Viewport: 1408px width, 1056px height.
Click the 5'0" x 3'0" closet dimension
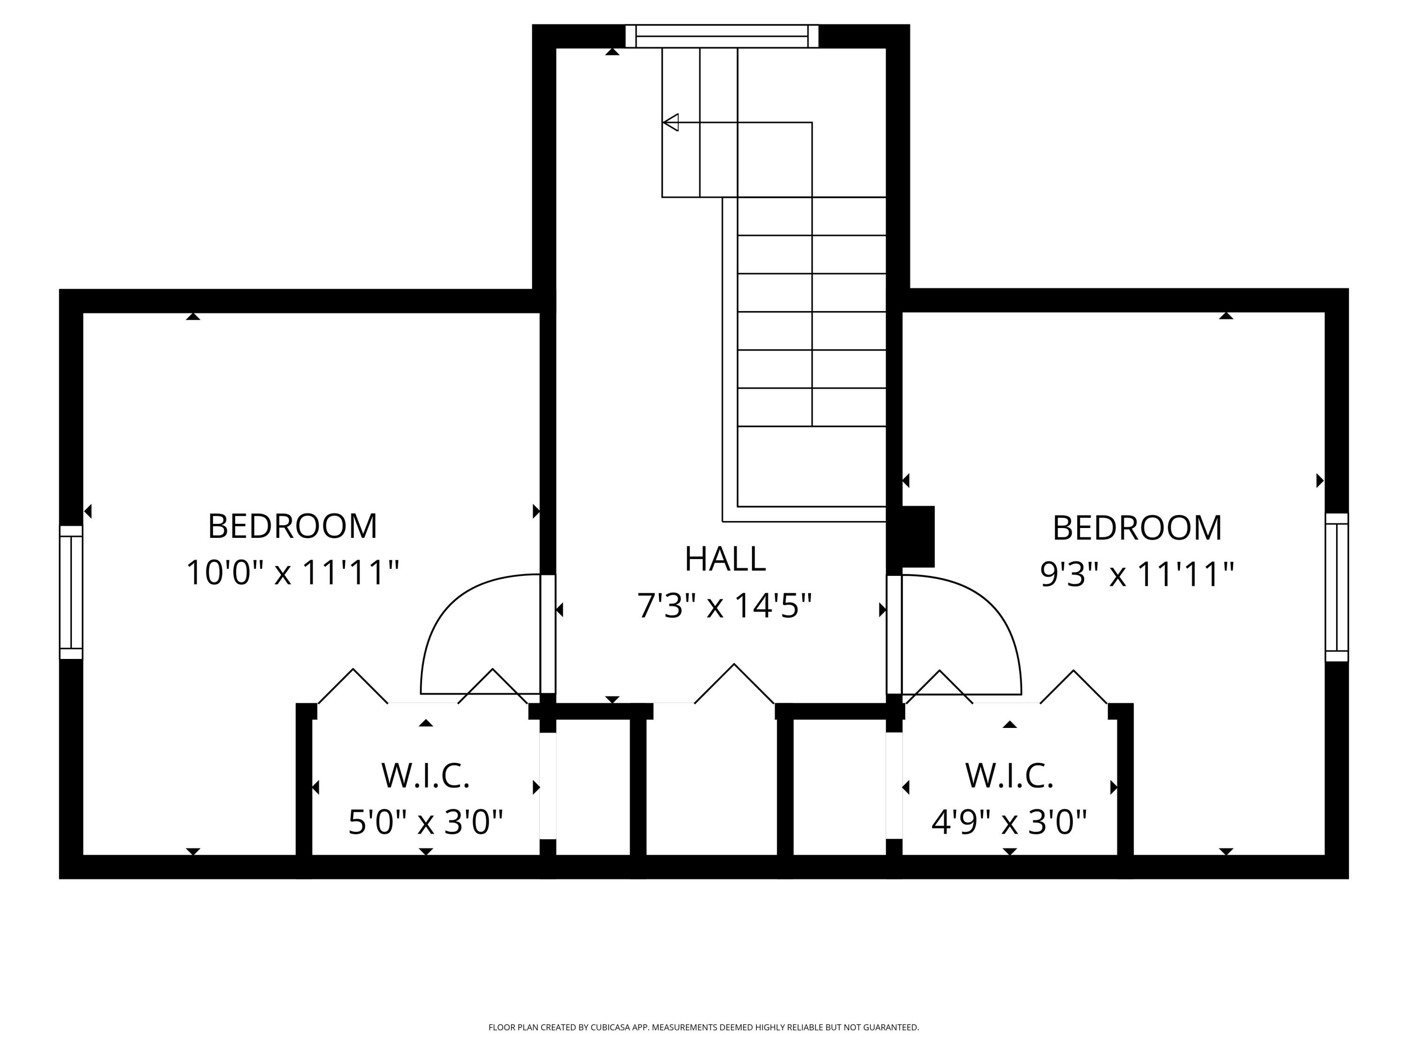pyautogui.click(x=425, y=822)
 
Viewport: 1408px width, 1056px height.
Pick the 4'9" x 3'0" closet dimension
pyautogui.click(x=1009, y=822)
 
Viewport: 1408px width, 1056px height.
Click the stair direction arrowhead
pyautogui.click(x=670, y=122)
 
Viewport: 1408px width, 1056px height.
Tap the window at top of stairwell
pyautogui.click(x=721, y=36)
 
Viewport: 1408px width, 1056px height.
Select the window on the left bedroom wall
pyautogui.click(x=71, y=592)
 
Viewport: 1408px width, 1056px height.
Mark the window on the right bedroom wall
pyautogui.click(x=1336, y=588)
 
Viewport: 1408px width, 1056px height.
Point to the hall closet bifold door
pyautogui.click(x=734, y=684)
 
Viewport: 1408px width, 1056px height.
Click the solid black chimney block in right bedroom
pyautogui.click(x=918, y=536)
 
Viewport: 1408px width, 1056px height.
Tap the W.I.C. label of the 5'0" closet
pyautogui.click(x=425, y=775)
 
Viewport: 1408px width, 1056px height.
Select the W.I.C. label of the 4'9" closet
pyautogui.click(x=1009, y=775)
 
